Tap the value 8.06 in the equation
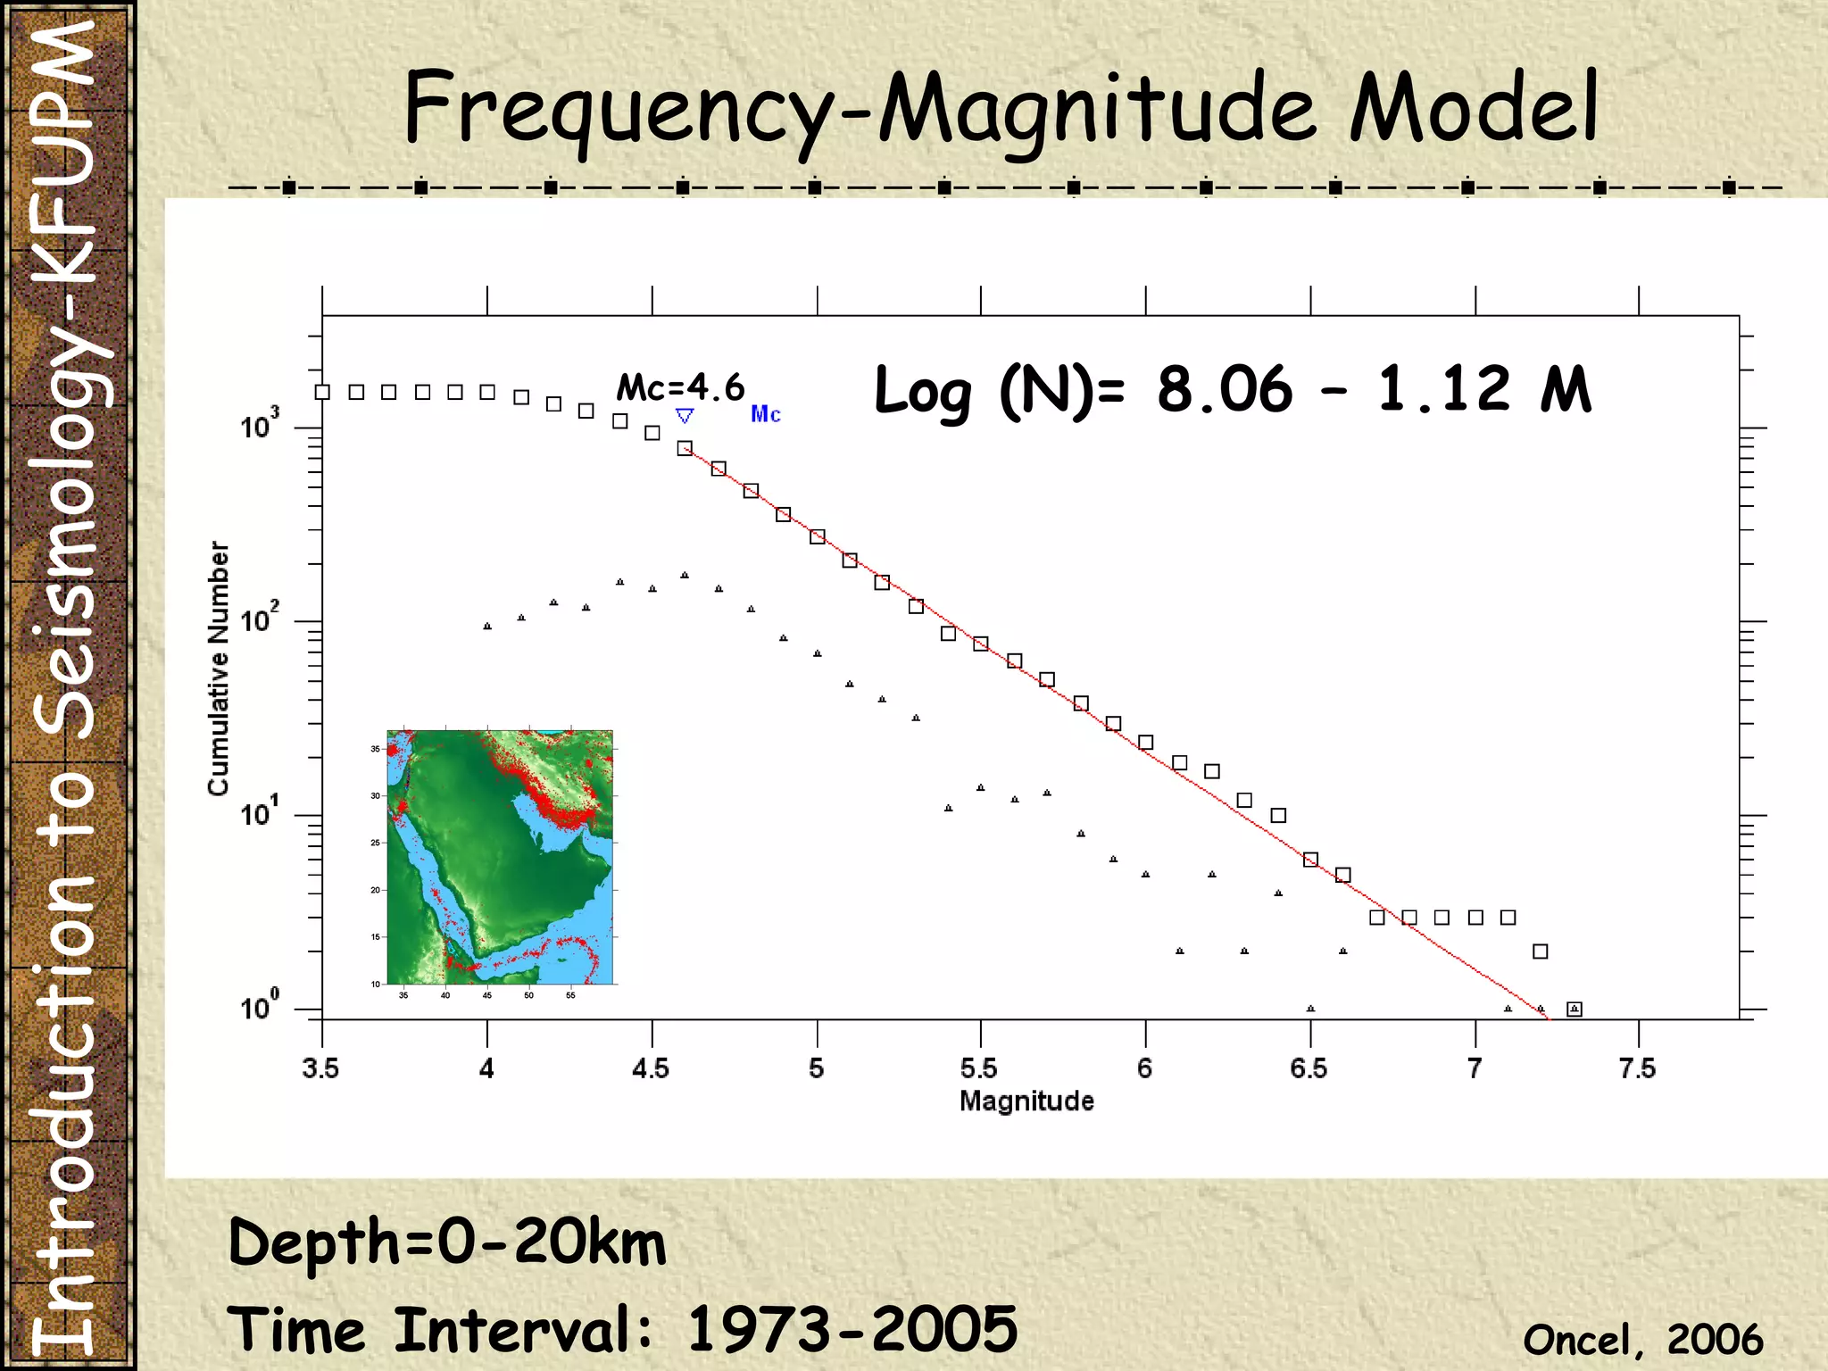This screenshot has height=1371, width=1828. pos(1225,390)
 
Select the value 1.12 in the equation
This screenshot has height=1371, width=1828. pos(1444,390)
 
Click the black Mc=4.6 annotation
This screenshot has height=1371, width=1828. pos(680,387)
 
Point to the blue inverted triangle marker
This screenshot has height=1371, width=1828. pos(685,416)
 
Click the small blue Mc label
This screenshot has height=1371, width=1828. pos(766,414)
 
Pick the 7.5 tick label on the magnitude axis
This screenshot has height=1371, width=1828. pos(1637,1068)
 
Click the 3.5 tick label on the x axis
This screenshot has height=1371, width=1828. pos(320,1068)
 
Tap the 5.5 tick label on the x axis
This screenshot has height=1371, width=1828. pos(979,1068)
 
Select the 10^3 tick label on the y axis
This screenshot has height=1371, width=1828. pos(260,425)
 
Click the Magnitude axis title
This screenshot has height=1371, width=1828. pos(1026,1101)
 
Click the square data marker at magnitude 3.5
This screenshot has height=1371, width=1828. pos(323,392)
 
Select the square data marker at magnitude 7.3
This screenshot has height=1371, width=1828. pos(1575,1010)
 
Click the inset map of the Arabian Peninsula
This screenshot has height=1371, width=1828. pos(500,857)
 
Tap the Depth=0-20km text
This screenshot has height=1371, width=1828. pos(447,1242)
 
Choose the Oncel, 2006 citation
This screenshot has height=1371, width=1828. pos(1642,1340)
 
